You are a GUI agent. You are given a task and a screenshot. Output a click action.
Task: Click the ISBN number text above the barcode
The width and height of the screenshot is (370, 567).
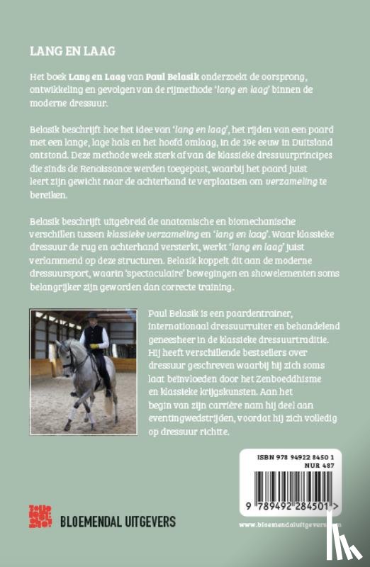pyautogui.click(x=295, y=457)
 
